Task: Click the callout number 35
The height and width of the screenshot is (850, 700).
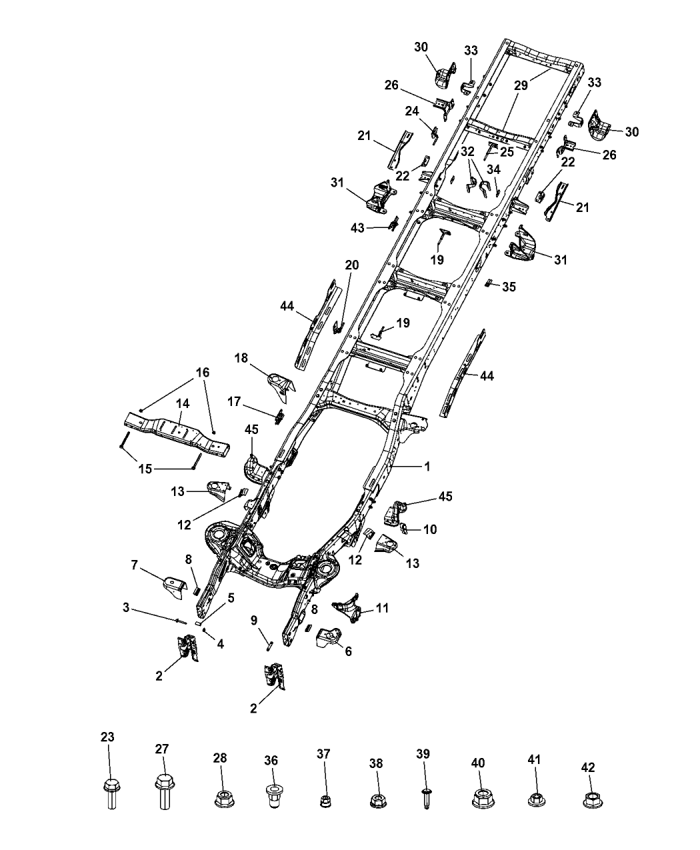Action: [x=509, y=287]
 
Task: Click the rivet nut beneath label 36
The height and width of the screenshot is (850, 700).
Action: [x=271, y=797]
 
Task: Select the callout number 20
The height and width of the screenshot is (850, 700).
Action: [x=351, y=265]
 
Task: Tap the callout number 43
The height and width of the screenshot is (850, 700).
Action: [x=358, y=228]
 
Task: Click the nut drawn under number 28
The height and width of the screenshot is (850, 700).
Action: [x=221, y=798]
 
